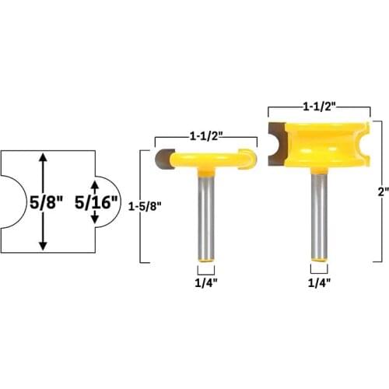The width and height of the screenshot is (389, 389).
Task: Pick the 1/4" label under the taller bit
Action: coord(318,283)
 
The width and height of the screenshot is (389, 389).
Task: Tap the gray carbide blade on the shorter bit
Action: coord(163,159)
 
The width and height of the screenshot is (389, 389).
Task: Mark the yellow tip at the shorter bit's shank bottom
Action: coord(205,260)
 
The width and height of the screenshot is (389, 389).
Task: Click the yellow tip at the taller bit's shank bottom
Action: coord(318,260)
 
